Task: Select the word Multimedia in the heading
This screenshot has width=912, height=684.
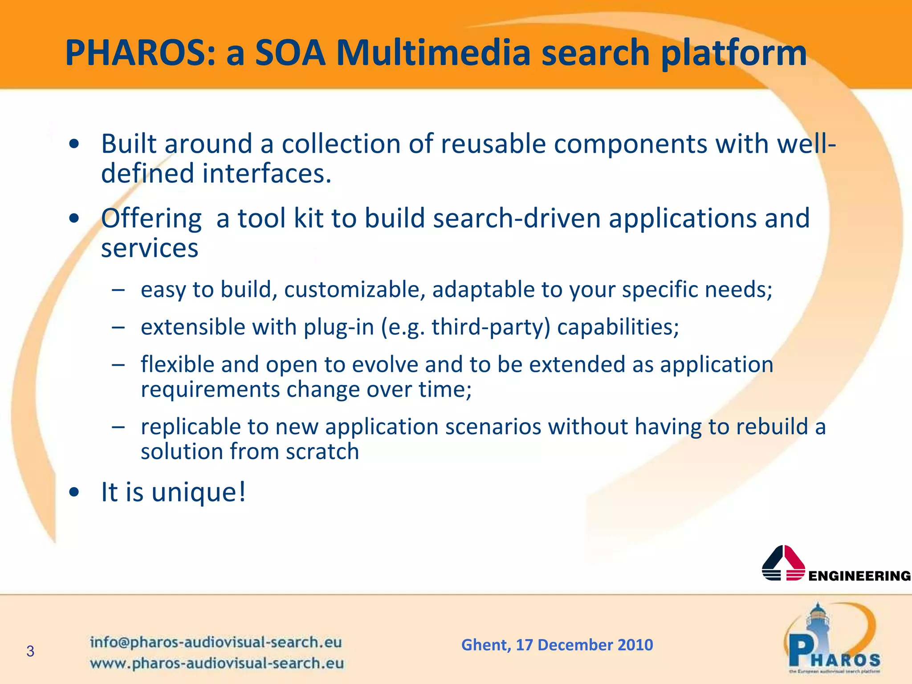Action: [433, 53]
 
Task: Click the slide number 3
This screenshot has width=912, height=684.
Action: [30, 651]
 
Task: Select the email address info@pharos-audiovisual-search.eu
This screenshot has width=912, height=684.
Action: [216, 642]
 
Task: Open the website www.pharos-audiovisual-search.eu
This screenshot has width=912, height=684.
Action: [217, 663]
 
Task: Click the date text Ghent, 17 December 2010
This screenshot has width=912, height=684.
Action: [557, 644]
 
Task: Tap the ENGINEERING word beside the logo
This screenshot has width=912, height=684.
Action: [859, 576]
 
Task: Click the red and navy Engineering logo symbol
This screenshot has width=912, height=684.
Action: [783, 563]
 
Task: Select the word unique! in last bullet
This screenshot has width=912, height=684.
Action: [199, 492]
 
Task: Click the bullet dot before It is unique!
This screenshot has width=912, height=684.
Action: [74, 492]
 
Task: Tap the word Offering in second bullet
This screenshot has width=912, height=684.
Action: [151, 219]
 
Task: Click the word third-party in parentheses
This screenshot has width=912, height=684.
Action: [491, 327]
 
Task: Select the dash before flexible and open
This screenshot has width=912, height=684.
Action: [118, 364]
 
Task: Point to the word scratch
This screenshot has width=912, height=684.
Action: [322, 451]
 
